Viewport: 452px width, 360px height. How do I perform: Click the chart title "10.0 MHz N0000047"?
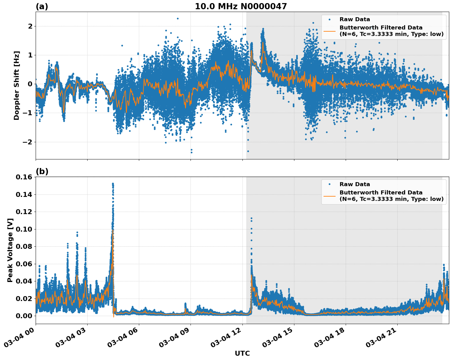[x=241, y=6]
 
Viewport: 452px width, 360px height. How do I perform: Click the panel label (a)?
[x=42, y=6]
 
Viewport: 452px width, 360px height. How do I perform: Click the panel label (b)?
[x=42, y=171]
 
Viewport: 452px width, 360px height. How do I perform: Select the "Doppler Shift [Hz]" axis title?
[x=17, y=85]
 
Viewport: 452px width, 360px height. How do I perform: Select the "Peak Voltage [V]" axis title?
[x=10, y=250]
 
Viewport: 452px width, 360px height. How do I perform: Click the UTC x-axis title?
[x=242, y=353]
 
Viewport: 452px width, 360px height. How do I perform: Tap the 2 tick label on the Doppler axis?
[x=30, y=26]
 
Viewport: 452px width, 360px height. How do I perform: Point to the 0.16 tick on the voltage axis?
[x=24, y=177]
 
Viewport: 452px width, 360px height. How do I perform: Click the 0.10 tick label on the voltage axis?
[x=24, y=229]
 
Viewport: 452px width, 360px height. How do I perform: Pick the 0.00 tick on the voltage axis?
[x=24, y=316]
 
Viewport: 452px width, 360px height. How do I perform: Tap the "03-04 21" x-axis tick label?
[x=381, y=338]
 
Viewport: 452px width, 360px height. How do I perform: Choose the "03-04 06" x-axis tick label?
[x=123, y=338]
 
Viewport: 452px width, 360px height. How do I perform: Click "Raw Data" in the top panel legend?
[x=355, y=19]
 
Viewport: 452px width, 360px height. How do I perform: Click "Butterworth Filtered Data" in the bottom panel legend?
[x=381, y=193]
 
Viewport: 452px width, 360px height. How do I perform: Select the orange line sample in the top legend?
[x=329, y=31]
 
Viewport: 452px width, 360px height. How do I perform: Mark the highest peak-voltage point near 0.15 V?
[x=113, y=184]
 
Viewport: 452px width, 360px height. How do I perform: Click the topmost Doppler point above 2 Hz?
[x=178, y=18]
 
